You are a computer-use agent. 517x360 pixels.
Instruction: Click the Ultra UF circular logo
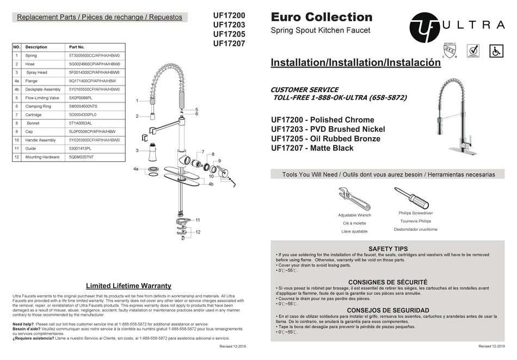(423, 24)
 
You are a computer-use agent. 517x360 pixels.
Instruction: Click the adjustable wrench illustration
(354, 199)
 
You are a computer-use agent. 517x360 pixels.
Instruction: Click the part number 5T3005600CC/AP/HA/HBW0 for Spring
(94, 56)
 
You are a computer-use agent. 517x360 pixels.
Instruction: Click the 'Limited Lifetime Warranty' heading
(128, 285)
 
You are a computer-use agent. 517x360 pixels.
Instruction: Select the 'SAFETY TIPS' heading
(387, 248)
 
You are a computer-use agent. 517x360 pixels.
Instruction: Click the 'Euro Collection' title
(322, 17)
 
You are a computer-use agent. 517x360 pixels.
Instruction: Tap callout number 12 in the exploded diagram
(198, 232)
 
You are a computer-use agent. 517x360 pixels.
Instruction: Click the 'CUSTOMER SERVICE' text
(304, 89)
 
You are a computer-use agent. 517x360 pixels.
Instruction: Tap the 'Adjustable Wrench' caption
(354, 215)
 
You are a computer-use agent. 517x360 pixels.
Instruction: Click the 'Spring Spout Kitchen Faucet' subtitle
(320, 30)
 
